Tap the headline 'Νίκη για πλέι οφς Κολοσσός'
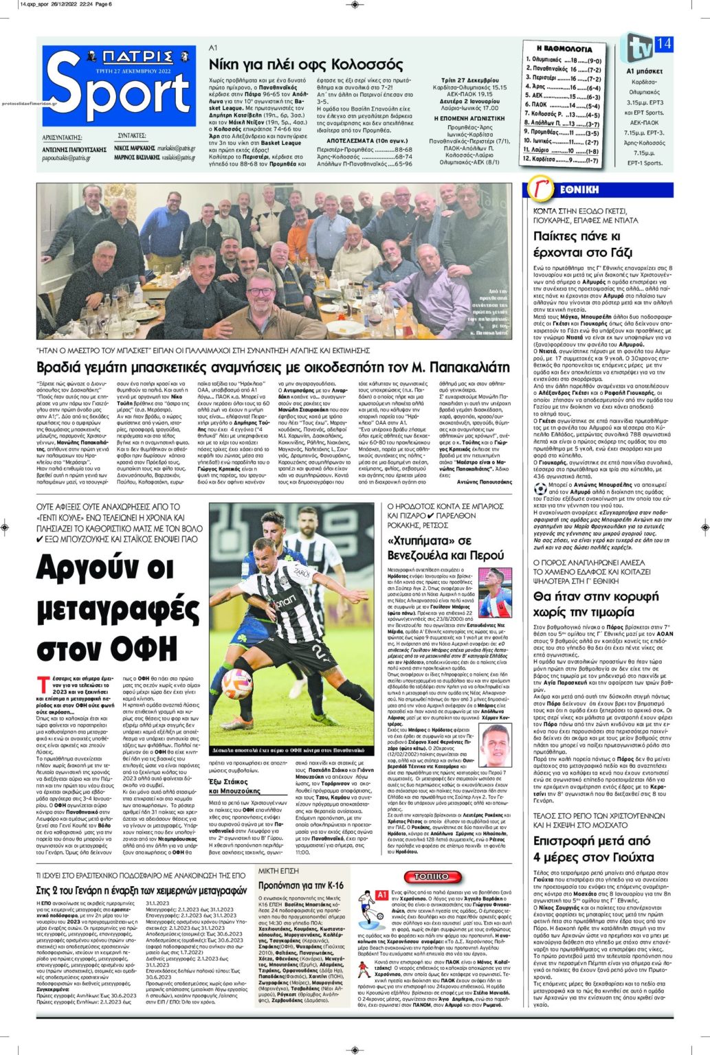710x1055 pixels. pos(305,65)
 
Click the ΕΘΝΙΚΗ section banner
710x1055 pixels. pos(577,190)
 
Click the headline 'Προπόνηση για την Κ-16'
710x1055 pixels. pos(300,885)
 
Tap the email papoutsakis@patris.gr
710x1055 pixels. pos(66,158)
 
